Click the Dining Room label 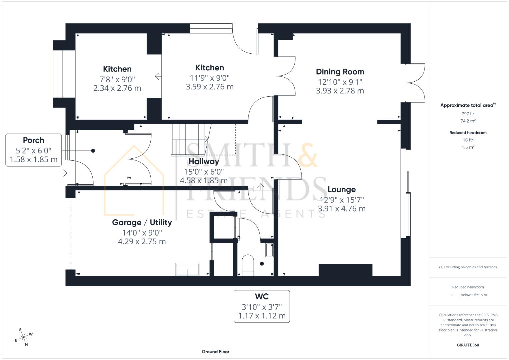340,72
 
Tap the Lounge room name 341,189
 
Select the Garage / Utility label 142,222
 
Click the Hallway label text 204,161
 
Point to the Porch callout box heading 33,140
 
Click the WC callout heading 262,296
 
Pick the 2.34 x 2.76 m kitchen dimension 117,88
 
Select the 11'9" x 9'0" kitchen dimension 210,78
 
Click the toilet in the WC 248,265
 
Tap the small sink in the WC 269,250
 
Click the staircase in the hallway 190,139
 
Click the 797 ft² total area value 468,114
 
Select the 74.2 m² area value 468,121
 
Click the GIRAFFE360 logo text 468,345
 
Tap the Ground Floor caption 215,351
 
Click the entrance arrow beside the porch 64,173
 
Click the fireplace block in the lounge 345,270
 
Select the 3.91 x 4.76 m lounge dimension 341,209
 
